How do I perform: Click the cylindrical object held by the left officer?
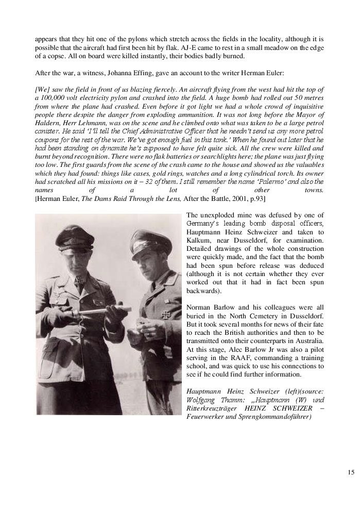coord(104,312)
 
